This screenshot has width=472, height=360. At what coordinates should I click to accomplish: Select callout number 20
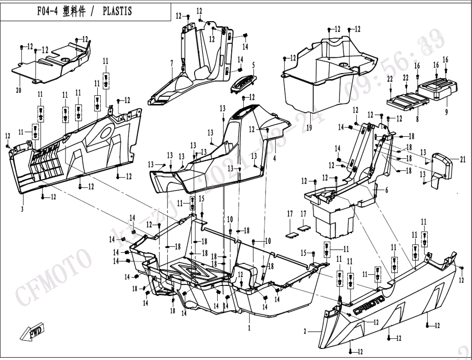[19, 90]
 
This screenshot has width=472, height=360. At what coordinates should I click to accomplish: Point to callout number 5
[253, 65]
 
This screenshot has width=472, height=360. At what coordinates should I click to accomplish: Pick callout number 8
[418, 118]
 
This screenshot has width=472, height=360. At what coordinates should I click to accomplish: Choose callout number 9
[446, 112]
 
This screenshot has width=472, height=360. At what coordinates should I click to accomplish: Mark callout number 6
[386, 190]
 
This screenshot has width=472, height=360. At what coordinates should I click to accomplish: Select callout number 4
[275, 158]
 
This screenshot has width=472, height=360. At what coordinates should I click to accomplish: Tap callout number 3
[22, 209]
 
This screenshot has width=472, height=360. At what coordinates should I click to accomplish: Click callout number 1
[249, 328]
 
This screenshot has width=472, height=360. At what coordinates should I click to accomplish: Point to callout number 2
[305, 331]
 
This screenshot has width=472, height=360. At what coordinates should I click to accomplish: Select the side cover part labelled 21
[444, 166]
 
